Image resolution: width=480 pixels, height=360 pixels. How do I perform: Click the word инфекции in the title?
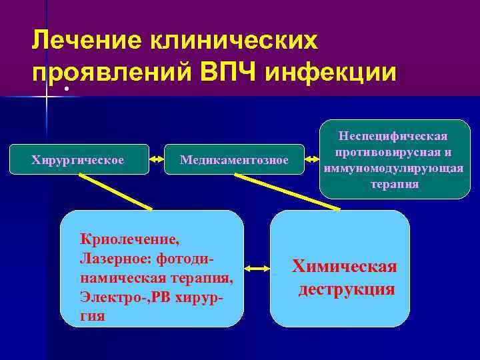tap(331, 71)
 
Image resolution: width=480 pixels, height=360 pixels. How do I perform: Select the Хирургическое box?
tap(78, 160)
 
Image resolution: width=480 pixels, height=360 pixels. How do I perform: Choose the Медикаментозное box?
tap(234, 160)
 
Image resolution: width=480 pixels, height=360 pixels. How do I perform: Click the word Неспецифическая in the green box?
tap(395, 137)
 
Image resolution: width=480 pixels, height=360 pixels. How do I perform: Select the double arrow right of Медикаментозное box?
tap(311, 160)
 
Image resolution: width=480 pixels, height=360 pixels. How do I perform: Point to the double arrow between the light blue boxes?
tap(257, 268)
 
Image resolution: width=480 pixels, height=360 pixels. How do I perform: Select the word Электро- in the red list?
tap(107, 297)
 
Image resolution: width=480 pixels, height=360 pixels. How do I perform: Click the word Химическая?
tap(345, 267)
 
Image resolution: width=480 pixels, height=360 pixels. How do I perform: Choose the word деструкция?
tap(346, 290)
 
